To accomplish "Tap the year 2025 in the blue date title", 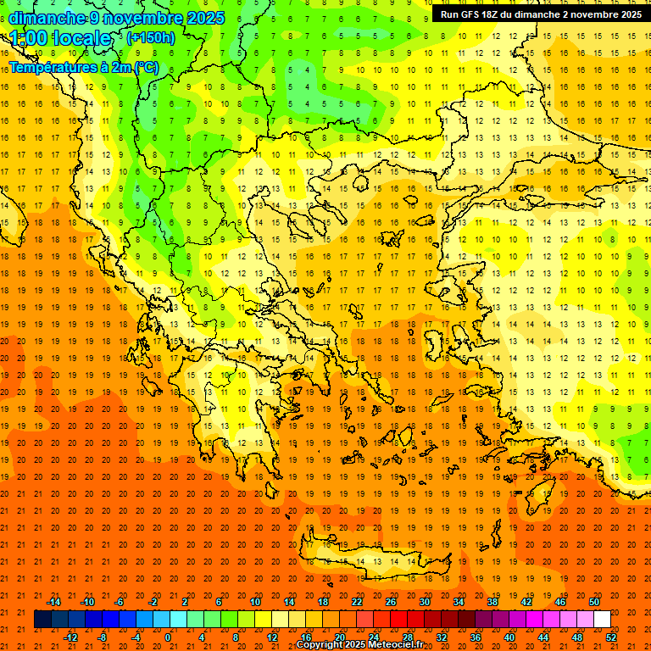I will (x=205, y=18).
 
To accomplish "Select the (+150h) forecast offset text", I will (x=150, y=37).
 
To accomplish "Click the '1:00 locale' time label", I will (x=61, y=38).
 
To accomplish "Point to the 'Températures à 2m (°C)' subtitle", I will (x=83, y=66).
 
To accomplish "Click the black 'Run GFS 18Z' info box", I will (x=541, y=14).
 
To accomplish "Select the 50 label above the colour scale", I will (x=593, y=602).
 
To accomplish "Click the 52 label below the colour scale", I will (x=611, y=637).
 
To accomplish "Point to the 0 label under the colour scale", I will (x=168, y=637).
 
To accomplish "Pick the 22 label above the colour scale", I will (x=357, y=602).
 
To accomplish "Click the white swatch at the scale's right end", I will (x=602, y=620).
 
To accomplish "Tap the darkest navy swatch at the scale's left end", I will (x=42, y=620).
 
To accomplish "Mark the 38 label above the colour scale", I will (x=492, y=602).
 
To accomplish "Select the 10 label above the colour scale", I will (x=255, y=602).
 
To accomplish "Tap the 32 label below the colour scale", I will (x=441, y=637).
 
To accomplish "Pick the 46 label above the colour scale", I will (x=559, y=602).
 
